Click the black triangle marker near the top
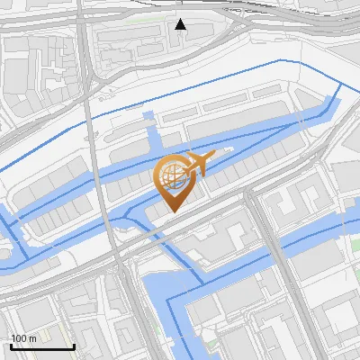(181, 24)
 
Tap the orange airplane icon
(198, 164)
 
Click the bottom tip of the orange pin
(172, 212)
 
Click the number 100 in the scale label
(19, 338)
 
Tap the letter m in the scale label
(32, 338)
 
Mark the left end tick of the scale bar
(11, 346)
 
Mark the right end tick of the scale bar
(74, 346)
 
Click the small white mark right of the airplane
(229, 148)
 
